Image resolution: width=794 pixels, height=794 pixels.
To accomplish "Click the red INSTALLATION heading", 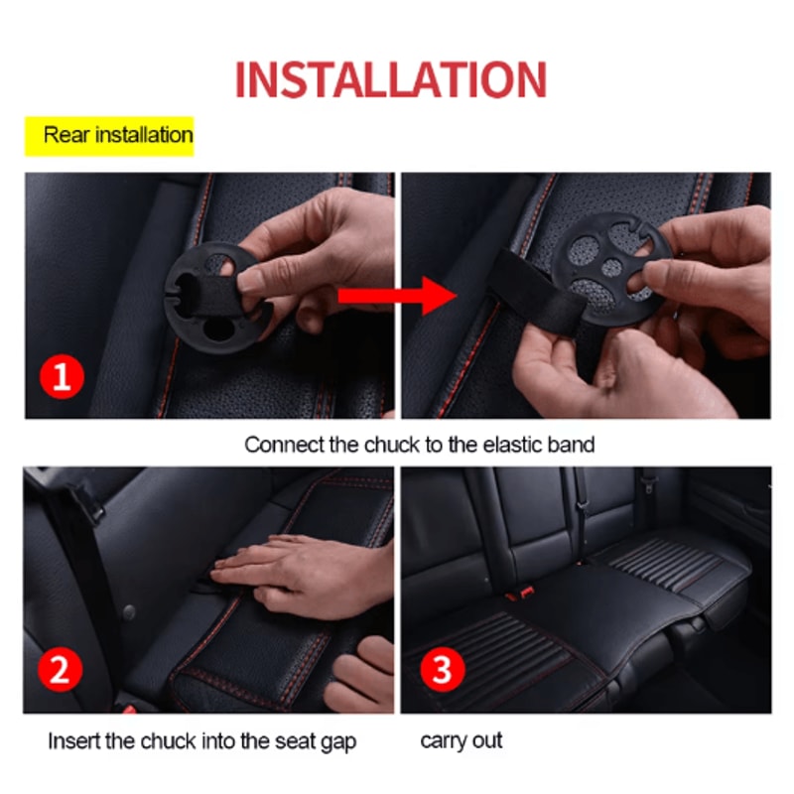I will click(x=390, y=80).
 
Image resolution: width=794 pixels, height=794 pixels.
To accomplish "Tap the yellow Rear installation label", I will click(x=109, y=135).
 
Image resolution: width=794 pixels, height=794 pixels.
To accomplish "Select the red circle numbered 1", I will click(x=62, y=379).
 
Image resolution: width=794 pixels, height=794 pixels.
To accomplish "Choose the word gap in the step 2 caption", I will click(x=338, y=741).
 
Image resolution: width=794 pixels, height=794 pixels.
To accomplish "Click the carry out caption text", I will click(x=462, y=740).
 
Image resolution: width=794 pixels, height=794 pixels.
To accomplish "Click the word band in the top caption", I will click(x=573, y=445).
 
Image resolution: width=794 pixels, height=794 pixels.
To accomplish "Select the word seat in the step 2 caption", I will click(x=295, y=741).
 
